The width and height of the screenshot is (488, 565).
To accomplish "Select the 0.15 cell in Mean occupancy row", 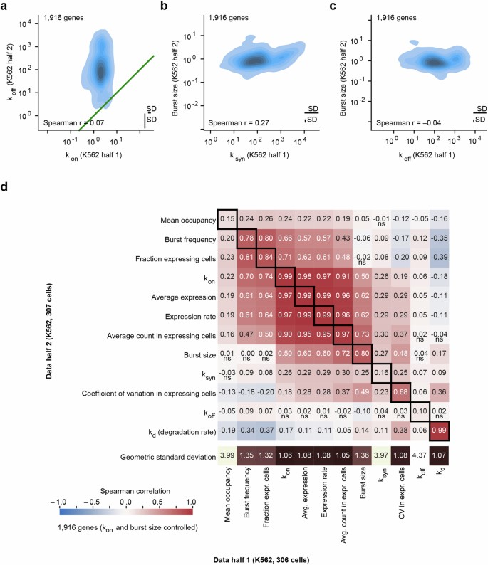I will (227, 218).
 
